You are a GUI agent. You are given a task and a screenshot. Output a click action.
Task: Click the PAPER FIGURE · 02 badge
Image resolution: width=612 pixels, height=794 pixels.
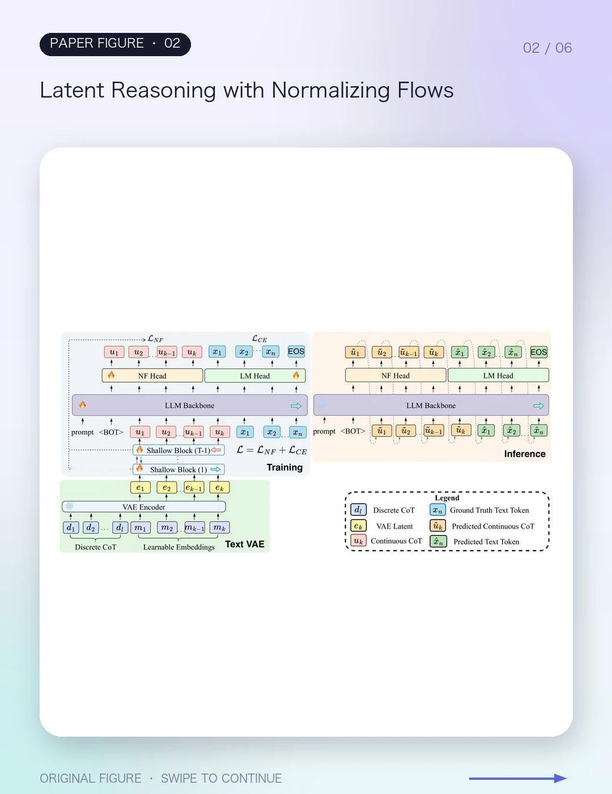click(x=115, y=44)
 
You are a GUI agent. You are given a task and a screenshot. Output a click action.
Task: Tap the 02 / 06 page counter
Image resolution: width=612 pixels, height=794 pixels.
click(x=547, y=48)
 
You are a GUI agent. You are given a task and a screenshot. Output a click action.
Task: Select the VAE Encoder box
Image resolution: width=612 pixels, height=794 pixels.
click(x=144, y=507)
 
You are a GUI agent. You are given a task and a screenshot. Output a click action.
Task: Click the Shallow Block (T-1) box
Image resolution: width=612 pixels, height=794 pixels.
click(x=179, y=450)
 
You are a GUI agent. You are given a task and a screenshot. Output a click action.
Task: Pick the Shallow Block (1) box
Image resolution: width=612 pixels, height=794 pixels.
click(x=179, y=469)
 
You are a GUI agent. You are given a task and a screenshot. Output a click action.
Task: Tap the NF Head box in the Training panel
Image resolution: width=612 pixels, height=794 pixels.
click(x=152, y=375)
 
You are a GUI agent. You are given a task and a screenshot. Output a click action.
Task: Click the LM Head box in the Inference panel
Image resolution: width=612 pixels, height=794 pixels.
click(x=498, y=375)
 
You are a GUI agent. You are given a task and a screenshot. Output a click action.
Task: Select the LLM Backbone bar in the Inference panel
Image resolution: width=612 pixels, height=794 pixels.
click(x=431, y=405)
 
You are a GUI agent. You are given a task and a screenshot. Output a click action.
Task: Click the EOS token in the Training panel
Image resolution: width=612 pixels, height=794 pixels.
click(x=296, y=352)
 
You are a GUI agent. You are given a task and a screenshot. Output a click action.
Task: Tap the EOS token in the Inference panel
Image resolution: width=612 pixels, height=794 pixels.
click(x=539, y=352)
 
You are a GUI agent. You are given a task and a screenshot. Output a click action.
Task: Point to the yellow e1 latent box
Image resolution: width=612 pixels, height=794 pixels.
click(x=141, y=487)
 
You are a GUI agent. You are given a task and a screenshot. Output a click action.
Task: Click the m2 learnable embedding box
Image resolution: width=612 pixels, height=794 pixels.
click(x=167, y=527)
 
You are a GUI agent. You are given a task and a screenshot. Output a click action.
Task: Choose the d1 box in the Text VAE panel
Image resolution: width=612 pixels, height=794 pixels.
click(x=71, y=527)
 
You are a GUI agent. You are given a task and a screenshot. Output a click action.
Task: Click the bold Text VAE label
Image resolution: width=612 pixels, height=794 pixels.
click(x=244, y=544)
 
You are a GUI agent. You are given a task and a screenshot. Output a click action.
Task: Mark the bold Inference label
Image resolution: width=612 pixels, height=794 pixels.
click(x=525, y=454)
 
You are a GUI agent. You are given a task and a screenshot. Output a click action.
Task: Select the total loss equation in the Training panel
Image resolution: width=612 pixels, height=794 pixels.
click(x=271, y=450)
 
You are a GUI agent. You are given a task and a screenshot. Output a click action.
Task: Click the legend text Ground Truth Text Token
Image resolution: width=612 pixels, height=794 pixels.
click(x=490, y=510)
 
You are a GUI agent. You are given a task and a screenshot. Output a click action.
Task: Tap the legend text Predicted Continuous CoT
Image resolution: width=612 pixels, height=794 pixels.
click(x=493, y=526)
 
